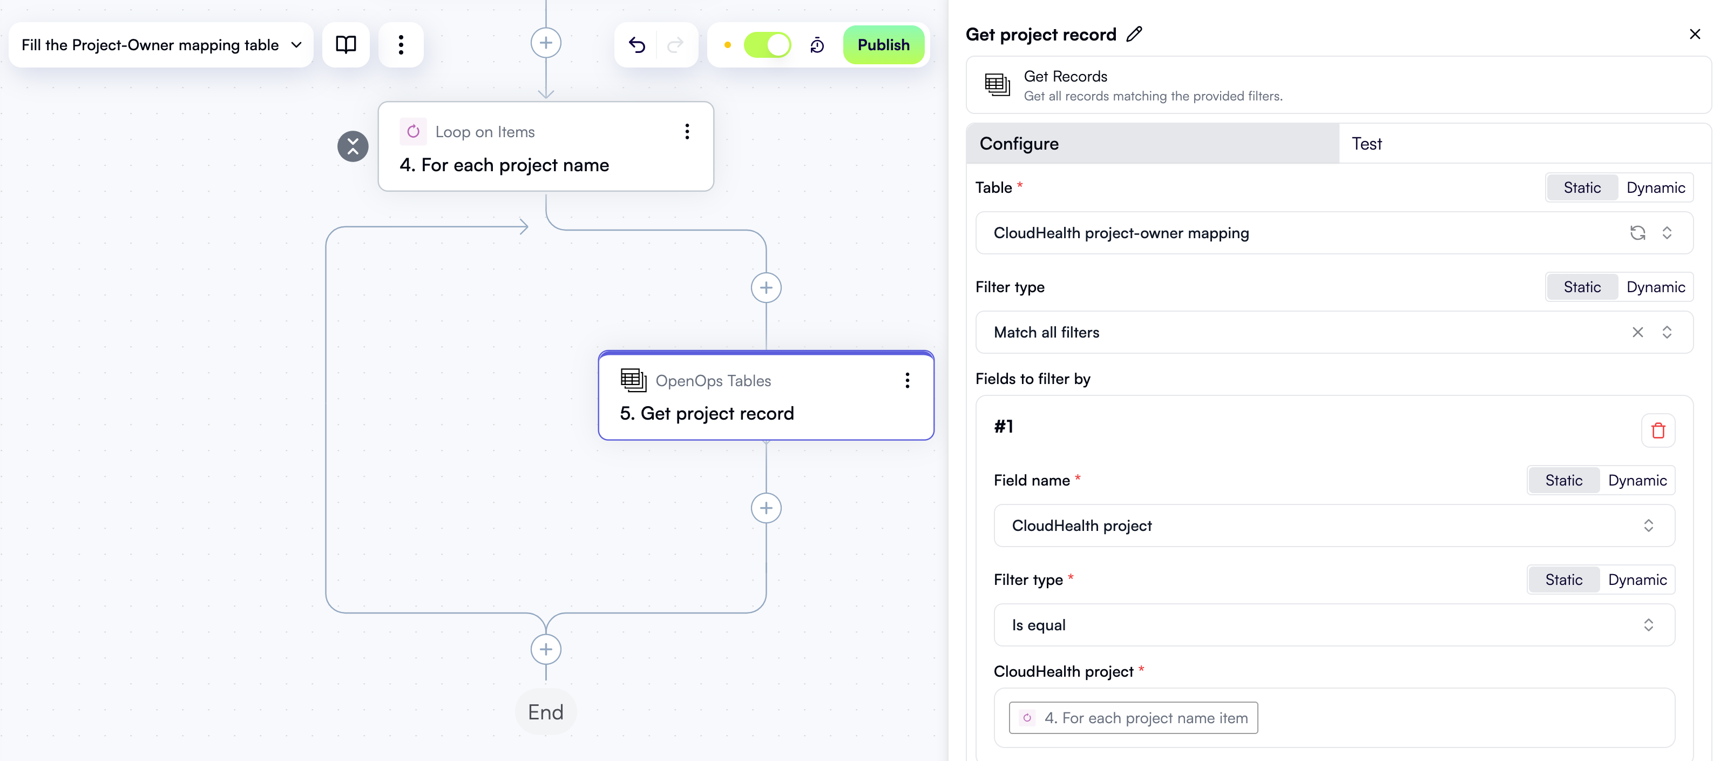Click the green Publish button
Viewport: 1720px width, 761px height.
coord(883,45)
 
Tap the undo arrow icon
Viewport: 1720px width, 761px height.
coord(637,45)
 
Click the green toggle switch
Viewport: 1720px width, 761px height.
coord(767,45)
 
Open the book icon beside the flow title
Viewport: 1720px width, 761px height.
coord(346,45)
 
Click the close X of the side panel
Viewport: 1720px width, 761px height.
coord(1694,34)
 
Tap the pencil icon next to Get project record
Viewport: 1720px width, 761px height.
coord(1134,34)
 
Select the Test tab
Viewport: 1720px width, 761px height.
coord(1366,144)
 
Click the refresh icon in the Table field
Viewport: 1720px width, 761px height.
coord(1637,232)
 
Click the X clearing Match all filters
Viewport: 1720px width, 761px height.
coord(1637,332)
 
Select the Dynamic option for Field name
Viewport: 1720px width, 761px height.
coord(1636,480)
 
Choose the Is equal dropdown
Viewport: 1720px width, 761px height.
coord(1333,625)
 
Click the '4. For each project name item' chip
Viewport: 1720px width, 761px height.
coord(1133,718)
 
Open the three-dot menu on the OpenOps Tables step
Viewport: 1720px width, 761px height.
coord(907,380)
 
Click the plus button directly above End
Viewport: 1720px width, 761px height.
coord(545,649)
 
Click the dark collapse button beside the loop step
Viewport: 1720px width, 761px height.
coord(353,146)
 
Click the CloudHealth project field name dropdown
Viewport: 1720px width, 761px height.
coord(1333,525)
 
